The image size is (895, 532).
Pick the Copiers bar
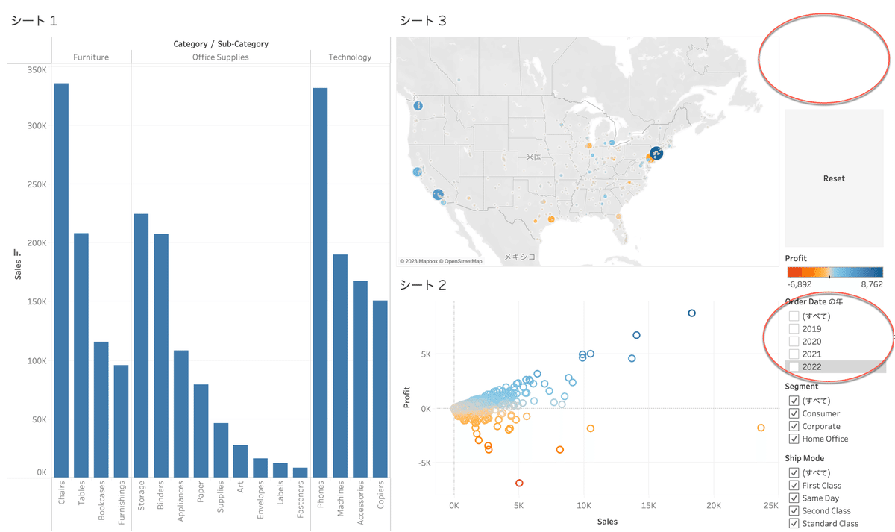380,388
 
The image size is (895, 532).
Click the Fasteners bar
300,472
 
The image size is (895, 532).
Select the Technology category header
350,57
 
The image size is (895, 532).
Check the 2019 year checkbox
794,328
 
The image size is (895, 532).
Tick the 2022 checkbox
794,366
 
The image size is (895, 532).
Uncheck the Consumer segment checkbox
794,413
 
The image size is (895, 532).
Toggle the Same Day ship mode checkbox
794,498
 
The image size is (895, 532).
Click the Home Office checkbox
794,439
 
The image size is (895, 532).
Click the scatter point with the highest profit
691,313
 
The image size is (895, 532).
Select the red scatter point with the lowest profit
519,483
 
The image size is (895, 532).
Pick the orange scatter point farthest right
761,428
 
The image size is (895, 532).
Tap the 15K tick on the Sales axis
649,506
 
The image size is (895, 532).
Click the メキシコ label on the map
520,255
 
